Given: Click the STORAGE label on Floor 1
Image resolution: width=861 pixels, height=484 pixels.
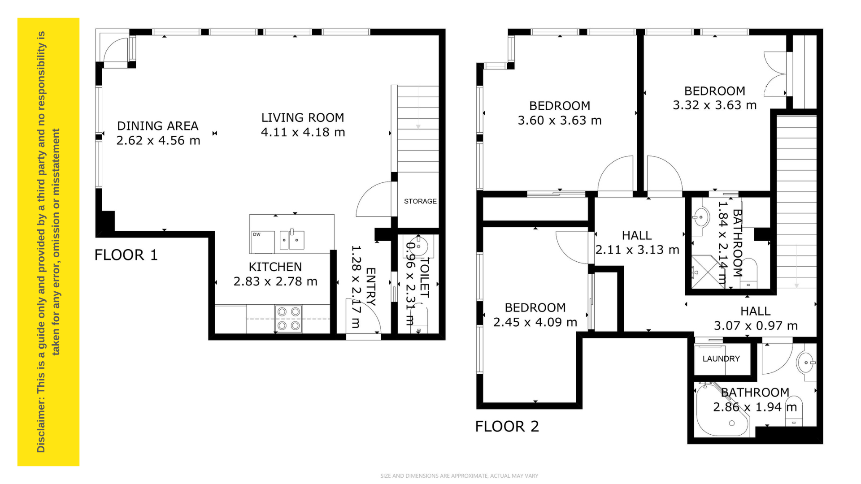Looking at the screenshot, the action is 420,201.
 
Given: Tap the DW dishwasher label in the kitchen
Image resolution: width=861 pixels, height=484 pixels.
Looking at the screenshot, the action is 257,234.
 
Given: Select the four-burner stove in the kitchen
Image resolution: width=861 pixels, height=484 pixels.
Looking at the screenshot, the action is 288,319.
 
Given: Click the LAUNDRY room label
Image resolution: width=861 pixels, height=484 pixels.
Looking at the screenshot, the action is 721,359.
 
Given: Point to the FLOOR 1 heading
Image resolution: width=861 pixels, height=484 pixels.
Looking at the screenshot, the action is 126,255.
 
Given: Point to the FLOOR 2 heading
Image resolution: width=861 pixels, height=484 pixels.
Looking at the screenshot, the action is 507,426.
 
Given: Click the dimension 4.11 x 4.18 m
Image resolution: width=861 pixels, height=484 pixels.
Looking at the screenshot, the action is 303,132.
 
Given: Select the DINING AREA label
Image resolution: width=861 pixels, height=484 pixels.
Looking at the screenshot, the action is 158,126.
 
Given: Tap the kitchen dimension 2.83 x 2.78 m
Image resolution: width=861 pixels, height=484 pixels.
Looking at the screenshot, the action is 275,281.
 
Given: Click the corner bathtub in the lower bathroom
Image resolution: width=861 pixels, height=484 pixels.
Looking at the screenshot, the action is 722,410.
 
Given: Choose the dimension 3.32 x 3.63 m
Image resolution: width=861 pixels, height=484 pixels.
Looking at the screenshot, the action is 715,105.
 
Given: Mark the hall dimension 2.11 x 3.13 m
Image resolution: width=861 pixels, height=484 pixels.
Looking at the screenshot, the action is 637,250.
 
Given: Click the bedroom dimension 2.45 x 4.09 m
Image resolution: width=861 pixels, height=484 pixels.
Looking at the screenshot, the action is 535,322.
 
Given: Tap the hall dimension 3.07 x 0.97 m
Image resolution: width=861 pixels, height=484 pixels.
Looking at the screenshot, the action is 756,326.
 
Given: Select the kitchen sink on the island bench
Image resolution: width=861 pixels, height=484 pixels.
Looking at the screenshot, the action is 292,239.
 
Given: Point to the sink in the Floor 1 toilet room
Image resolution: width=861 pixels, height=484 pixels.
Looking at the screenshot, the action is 418,246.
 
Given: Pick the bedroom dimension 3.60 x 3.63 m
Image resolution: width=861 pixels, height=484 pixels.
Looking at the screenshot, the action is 560,121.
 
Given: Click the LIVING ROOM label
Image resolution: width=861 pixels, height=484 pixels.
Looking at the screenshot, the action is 303,117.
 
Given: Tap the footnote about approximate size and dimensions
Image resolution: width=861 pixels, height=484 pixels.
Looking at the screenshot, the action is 459,476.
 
